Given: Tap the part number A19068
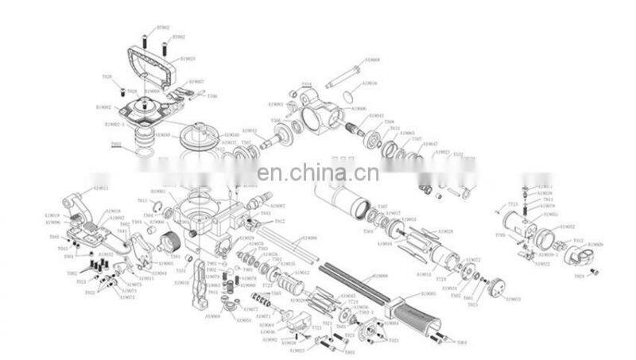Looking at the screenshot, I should tap(372, 60).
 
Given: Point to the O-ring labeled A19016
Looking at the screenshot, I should tap(347, 97).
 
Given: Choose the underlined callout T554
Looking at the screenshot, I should tap(307, 85).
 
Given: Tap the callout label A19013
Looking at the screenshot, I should tap(101, 188).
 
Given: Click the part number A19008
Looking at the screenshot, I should tap(381, 275).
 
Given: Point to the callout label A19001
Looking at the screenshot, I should tap(429, 294).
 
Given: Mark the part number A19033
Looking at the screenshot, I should tap(514, 300).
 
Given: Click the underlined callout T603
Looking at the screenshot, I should tap(116, 145).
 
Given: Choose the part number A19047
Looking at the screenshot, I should tap(431, 143).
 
